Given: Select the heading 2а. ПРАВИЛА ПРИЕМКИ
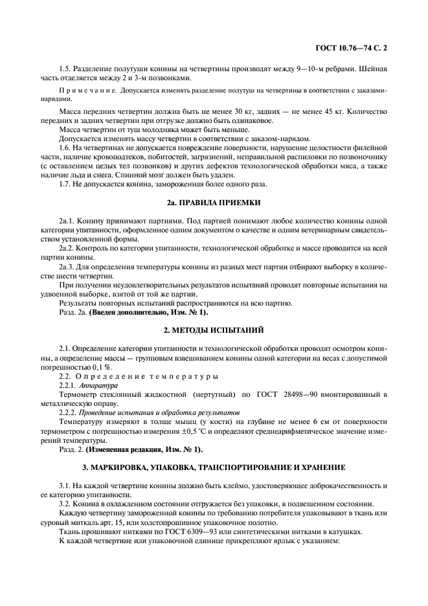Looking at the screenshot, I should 214,202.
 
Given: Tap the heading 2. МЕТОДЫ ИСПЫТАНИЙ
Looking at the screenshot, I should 214,330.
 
